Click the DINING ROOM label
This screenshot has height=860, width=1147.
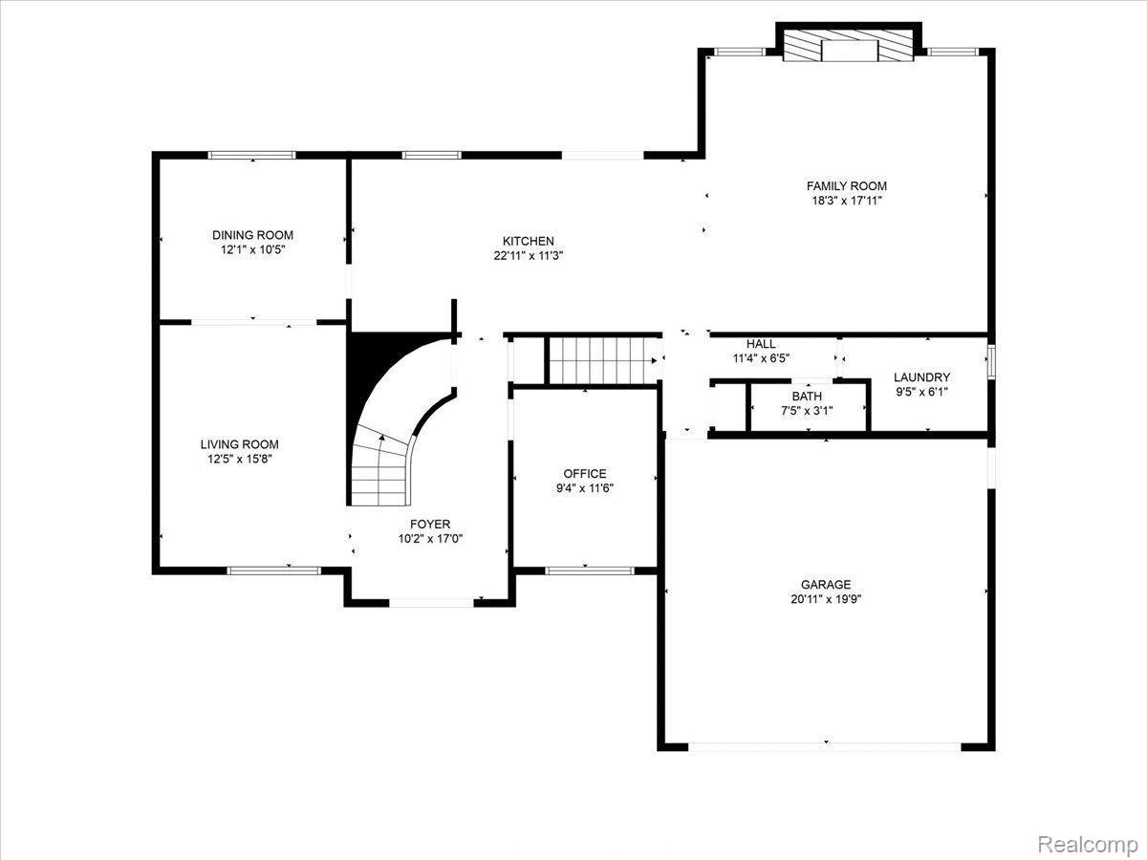252,235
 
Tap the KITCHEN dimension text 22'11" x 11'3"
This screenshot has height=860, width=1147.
529,256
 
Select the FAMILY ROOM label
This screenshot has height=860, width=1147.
846,186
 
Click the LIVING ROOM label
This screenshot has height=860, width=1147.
239,444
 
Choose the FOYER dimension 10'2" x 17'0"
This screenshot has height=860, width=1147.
430,539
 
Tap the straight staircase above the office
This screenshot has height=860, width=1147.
602,360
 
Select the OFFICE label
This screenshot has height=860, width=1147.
584,474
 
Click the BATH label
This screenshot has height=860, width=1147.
807,397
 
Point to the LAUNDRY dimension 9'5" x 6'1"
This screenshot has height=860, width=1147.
921,392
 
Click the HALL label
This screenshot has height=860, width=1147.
761,344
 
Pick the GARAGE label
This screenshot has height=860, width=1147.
826,585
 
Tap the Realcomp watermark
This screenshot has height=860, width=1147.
1086,845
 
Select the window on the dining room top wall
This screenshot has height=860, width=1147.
252,155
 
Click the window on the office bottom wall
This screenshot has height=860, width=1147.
589,570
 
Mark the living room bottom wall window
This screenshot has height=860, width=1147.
273,570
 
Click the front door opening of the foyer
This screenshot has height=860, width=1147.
431,602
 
